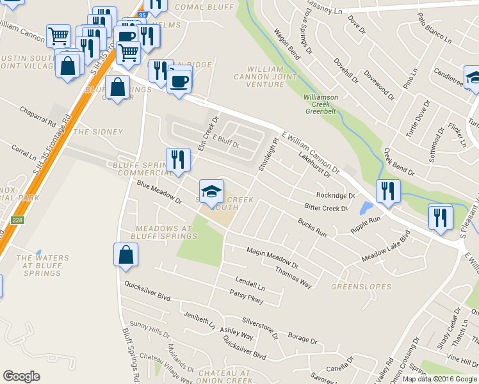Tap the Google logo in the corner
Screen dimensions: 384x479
tap(21, 376)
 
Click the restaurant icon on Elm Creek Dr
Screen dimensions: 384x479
tap(178, 160)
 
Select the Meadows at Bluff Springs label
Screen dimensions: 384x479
tap(163, 232)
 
